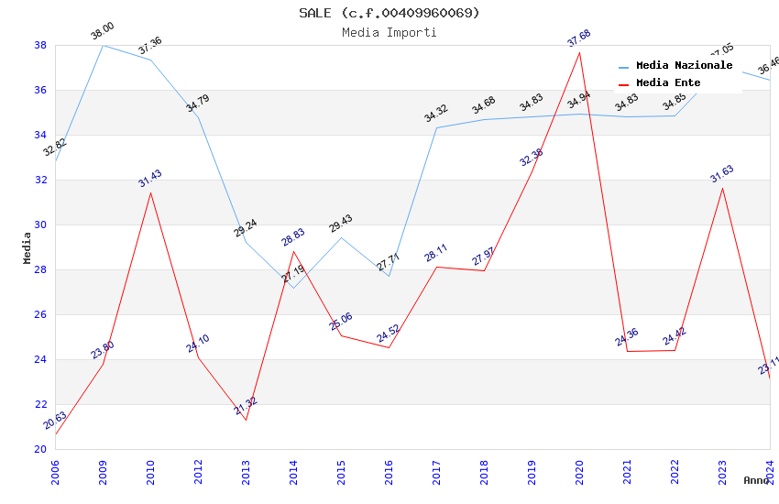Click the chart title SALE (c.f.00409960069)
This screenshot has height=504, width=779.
(x=389, y=13)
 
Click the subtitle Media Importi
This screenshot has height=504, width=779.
(x=389, y=32)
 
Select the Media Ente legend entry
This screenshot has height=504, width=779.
(x=668, y=83)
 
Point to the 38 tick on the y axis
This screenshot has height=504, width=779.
(x=40, y=45)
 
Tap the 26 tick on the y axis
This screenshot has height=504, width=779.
(x=40, y=314)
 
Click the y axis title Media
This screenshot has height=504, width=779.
(x=27, y=247)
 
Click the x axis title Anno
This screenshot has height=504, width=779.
(x=756, y=480)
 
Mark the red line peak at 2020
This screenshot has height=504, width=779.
(x=579, y=52)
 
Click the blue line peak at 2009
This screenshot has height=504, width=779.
(x=103, y=45)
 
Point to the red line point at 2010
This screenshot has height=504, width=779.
(x=150, y=192)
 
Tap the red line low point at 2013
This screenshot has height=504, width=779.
(x=246, y=420)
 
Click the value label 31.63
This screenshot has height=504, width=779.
(x=721, y=174)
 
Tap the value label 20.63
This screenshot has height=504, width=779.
(x=54, y=421)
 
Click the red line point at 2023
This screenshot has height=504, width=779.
(x=722, y=188)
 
